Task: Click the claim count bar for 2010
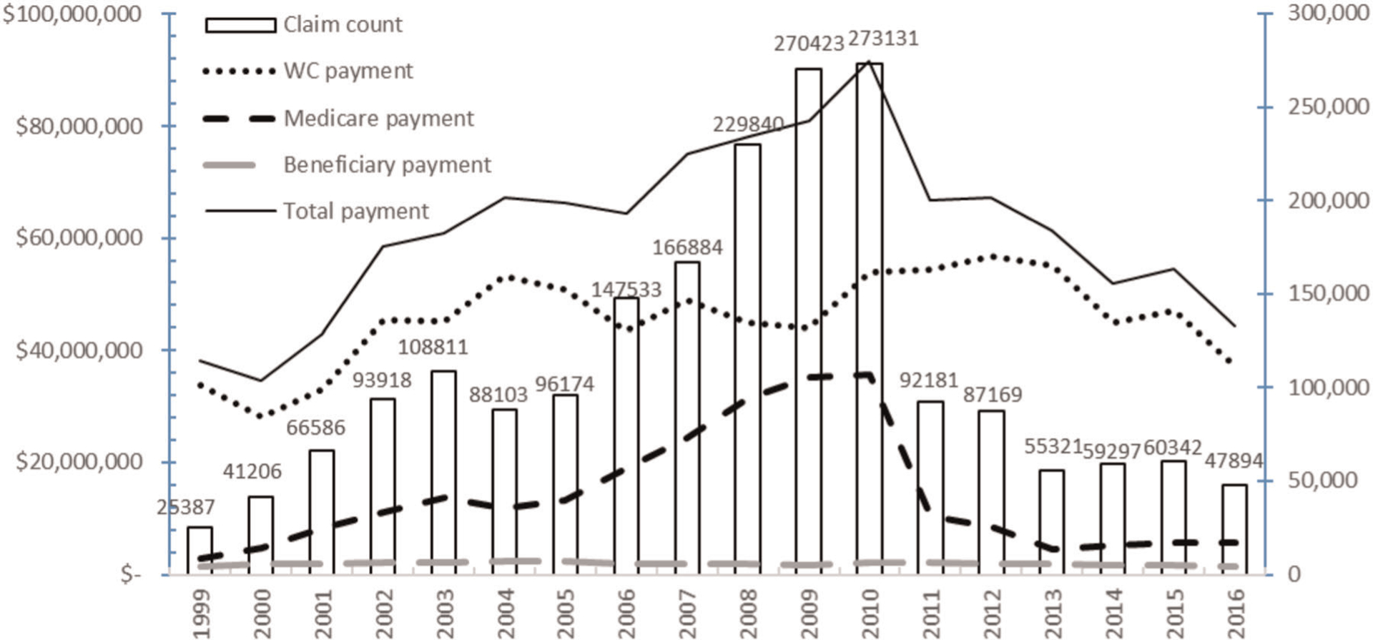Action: [870, 318]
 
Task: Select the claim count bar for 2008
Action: [747, 358]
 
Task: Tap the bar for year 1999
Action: [200, 550]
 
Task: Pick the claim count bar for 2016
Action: [1235, 529]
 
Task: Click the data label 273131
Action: [883, 38]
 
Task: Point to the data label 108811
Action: [433, 347]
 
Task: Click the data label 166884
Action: [687, 247]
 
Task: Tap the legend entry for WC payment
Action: [348, 71]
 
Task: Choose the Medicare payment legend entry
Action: [378, 118]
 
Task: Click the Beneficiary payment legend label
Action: [387, 164]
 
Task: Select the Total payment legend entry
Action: [355, 211]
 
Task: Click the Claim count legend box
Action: [240, 25]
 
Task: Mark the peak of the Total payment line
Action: [869, 61]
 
